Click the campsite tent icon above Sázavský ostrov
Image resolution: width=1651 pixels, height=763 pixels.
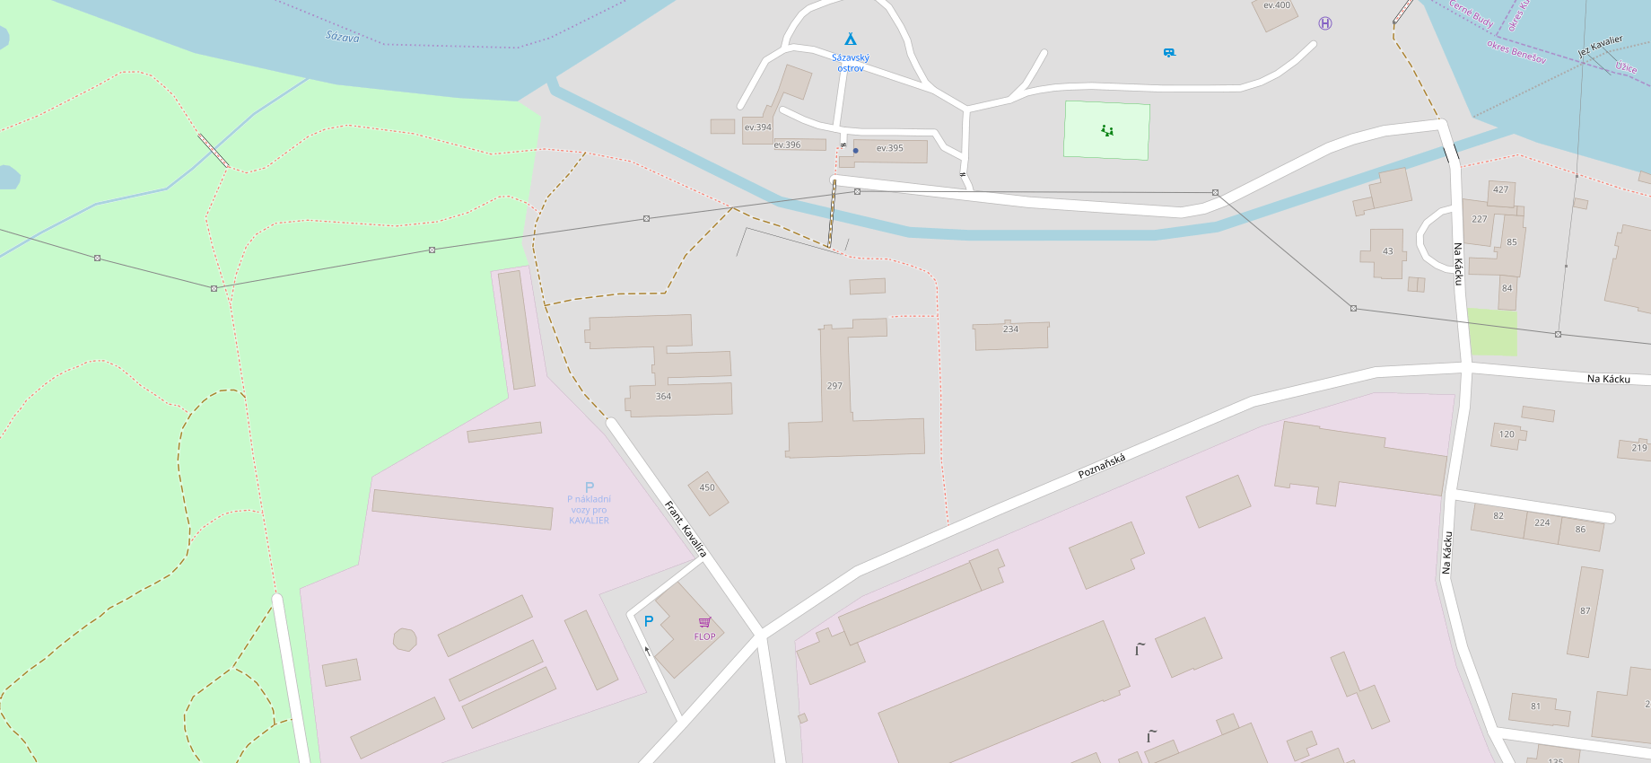click(x=850, y=39)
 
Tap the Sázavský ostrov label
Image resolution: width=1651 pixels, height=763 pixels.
click(x=851, y=63)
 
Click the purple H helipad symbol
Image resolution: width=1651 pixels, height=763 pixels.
click(x=1325, y=23)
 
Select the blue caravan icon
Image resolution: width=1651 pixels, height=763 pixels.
click(x=1169, y=53)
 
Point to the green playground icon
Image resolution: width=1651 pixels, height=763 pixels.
click(x=1107, y=130)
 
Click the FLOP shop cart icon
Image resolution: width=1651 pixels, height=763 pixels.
click(x=704, y=622)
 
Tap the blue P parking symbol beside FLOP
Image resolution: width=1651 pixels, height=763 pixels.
click(x=649, y=620)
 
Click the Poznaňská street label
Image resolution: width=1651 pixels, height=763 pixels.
click(x=1101, y=466)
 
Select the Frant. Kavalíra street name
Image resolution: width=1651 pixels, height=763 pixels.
click(x=686, y=529)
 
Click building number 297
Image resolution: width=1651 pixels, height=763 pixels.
click(x=834, y=386)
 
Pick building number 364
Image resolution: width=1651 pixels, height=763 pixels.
click(x=663, y=396)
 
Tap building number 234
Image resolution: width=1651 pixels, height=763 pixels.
click(x=1010, y=329)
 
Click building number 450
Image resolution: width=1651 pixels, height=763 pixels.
click(x=707, y=487)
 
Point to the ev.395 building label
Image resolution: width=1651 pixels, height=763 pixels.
click(x=890, y=148)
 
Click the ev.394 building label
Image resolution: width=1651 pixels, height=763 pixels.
click(x=757, y=127)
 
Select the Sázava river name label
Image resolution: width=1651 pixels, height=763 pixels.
click(x=342, y=37)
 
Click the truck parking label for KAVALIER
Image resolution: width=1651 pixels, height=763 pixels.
click(x=590, y=509)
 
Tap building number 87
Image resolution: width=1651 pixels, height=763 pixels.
click(x=1585, y=611)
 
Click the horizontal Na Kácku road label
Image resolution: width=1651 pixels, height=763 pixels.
click(x=1608, y=379)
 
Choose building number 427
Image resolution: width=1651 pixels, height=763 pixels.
click(x=1500, y=189)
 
